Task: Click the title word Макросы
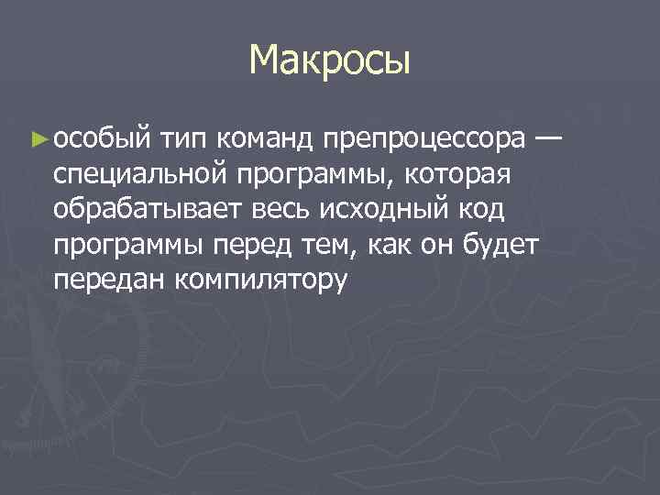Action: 329,62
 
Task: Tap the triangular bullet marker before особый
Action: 38,140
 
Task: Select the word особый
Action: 101,139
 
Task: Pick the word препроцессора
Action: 424,140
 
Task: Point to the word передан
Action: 109,280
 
